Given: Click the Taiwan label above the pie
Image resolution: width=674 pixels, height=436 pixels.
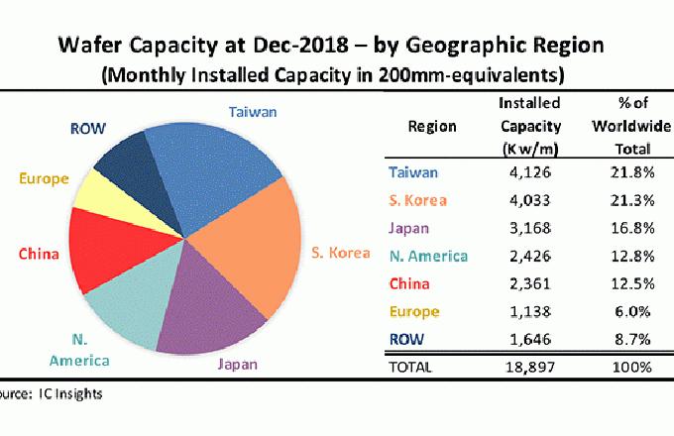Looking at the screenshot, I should (253, 112).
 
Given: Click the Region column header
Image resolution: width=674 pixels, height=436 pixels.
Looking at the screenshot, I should (431, 127).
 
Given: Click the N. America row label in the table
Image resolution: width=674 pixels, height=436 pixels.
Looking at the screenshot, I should (427, 257).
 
